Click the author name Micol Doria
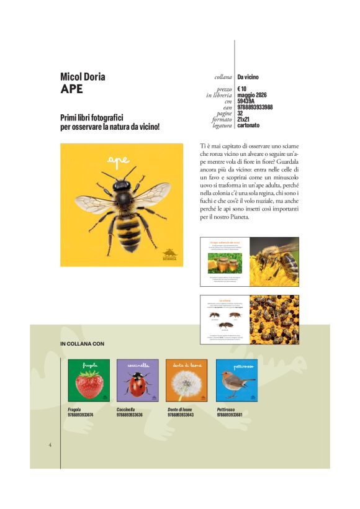tap(83, 77)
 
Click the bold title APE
tap(71, 89)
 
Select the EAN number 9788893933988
tap(255, 107)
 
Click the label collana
tap(222, 78)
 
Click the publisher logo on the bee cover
tap(169, 254)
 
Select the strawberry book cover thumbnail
tap(89, 381)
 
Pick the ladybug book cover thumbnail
tap(137, 381)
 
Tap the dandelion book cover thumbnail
tap(187, 381)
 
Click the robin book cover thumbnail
tap(236, 381)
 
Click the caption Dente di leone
tap(180, 410)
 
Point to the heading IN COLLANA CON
tap(82, 343)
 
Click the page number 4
tap(50, 444)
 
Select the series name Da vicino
tap(248, 78)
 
